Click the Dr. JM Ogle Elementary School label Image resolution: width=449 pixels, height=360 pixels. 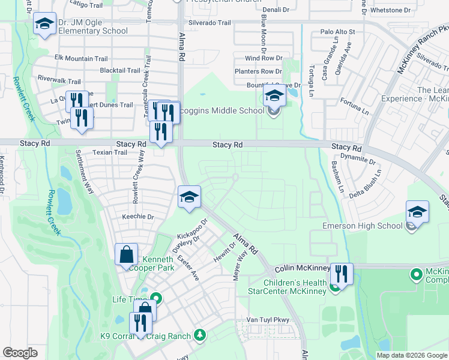(x=93, y=27)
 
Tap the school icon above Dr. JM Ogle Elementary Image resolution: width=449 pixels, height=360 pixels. (x=44, y=25)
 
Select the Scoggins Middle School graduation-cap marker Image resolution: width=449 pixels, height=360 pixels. (x=274, y=96)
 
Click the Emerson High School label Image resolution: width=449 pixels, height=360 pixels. (x=362, y=226)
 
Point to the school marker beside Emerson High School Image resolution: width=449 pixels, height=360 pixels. (x=417, y=212)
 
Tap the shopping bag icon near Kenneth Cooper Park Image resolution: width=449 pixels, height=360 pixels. (x=127, y=255)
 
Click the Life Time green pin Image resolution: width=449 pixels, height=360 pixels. (x=157, y=298)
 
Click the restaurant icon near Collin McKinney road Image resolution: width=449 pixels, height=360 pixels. (x=341, y=274)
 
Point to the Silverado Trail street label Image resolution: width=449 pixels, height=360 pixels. (x=209, y=23)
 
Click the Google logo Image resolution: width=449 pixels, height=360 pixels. (x=20, y=353)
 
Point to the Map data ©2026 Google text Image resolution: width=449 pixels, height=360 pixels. (x=411, y=355)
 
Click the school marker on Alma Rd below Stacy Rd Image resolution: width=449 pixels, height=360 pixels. (x=188, y=197)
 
